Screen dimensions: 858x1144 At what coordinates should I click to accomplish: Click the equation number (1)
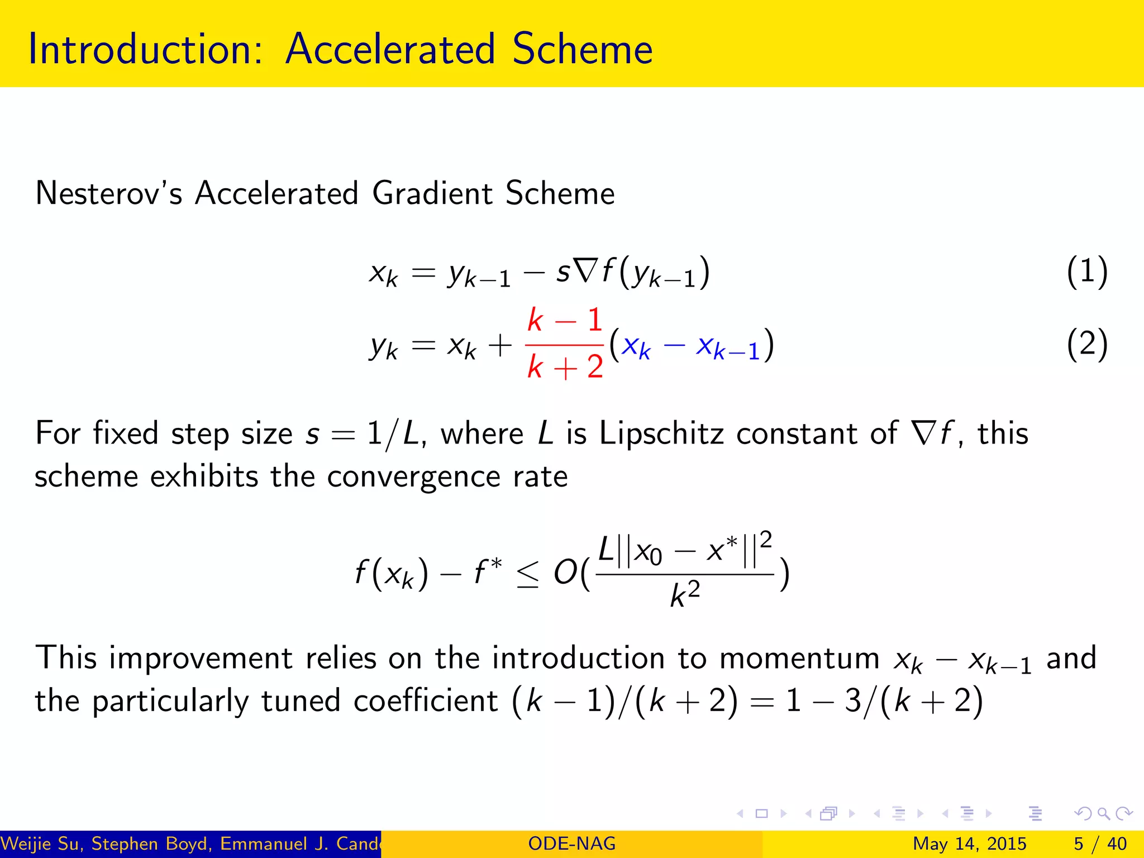coord(1086,272)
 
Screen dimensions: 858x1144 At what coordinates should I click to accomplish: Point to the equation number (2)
coord(1086,345)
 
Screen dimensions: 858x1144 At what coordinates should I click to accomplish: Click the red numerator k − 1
coord(565,320)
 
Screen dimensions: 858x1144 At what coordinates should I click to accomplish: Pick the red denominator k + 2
coord(565,367)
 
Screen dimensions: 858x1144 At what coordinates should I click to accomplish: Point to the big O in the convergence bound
coord(565,573)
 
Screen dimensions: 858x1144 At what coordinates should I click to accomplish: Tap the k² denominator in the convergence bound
coord(685,594)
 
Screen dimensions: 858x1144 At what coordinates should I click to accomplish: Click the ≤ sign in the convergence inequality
coord(528,574)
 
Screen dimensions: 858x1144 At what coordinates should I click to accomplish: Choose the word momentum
coord(799,658)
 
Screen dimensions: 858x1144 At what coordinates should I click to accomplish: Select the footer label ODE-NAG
coord(571,843)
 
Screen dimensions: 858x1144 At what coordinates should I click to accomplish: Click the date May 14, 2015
coord(969,843)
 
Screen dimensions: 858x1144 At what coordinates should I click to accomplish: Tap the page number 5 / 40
coord(1100,843)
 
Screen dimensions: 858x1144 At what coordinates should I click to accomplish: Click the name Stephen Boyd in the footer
coord(152,843)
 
